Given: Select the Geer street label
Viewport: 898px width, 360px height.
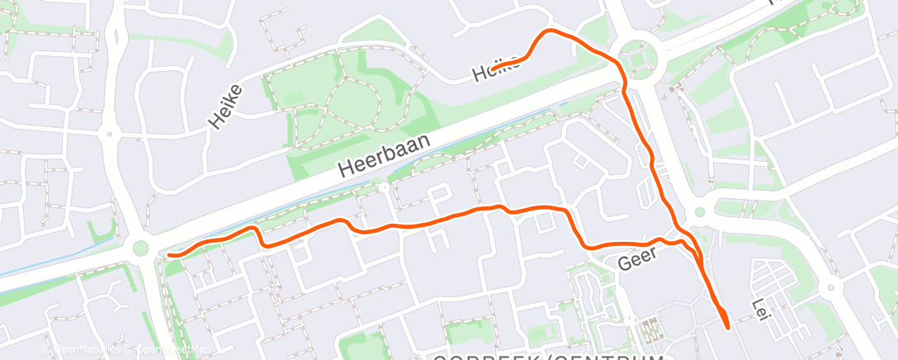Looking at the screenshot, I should point(636,259).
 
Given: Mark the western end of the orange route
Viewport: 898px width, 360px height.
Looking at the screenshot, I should point(169,255).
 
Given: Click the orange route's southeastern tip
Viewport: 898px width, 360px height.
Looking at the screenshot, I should point(727,327).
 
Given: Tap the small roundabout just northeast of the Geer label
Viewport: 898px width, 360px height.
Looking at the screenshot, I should point(700,211).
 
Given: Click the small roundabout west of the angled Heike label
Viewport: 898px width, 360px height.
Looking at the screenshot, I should point(107,133).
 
